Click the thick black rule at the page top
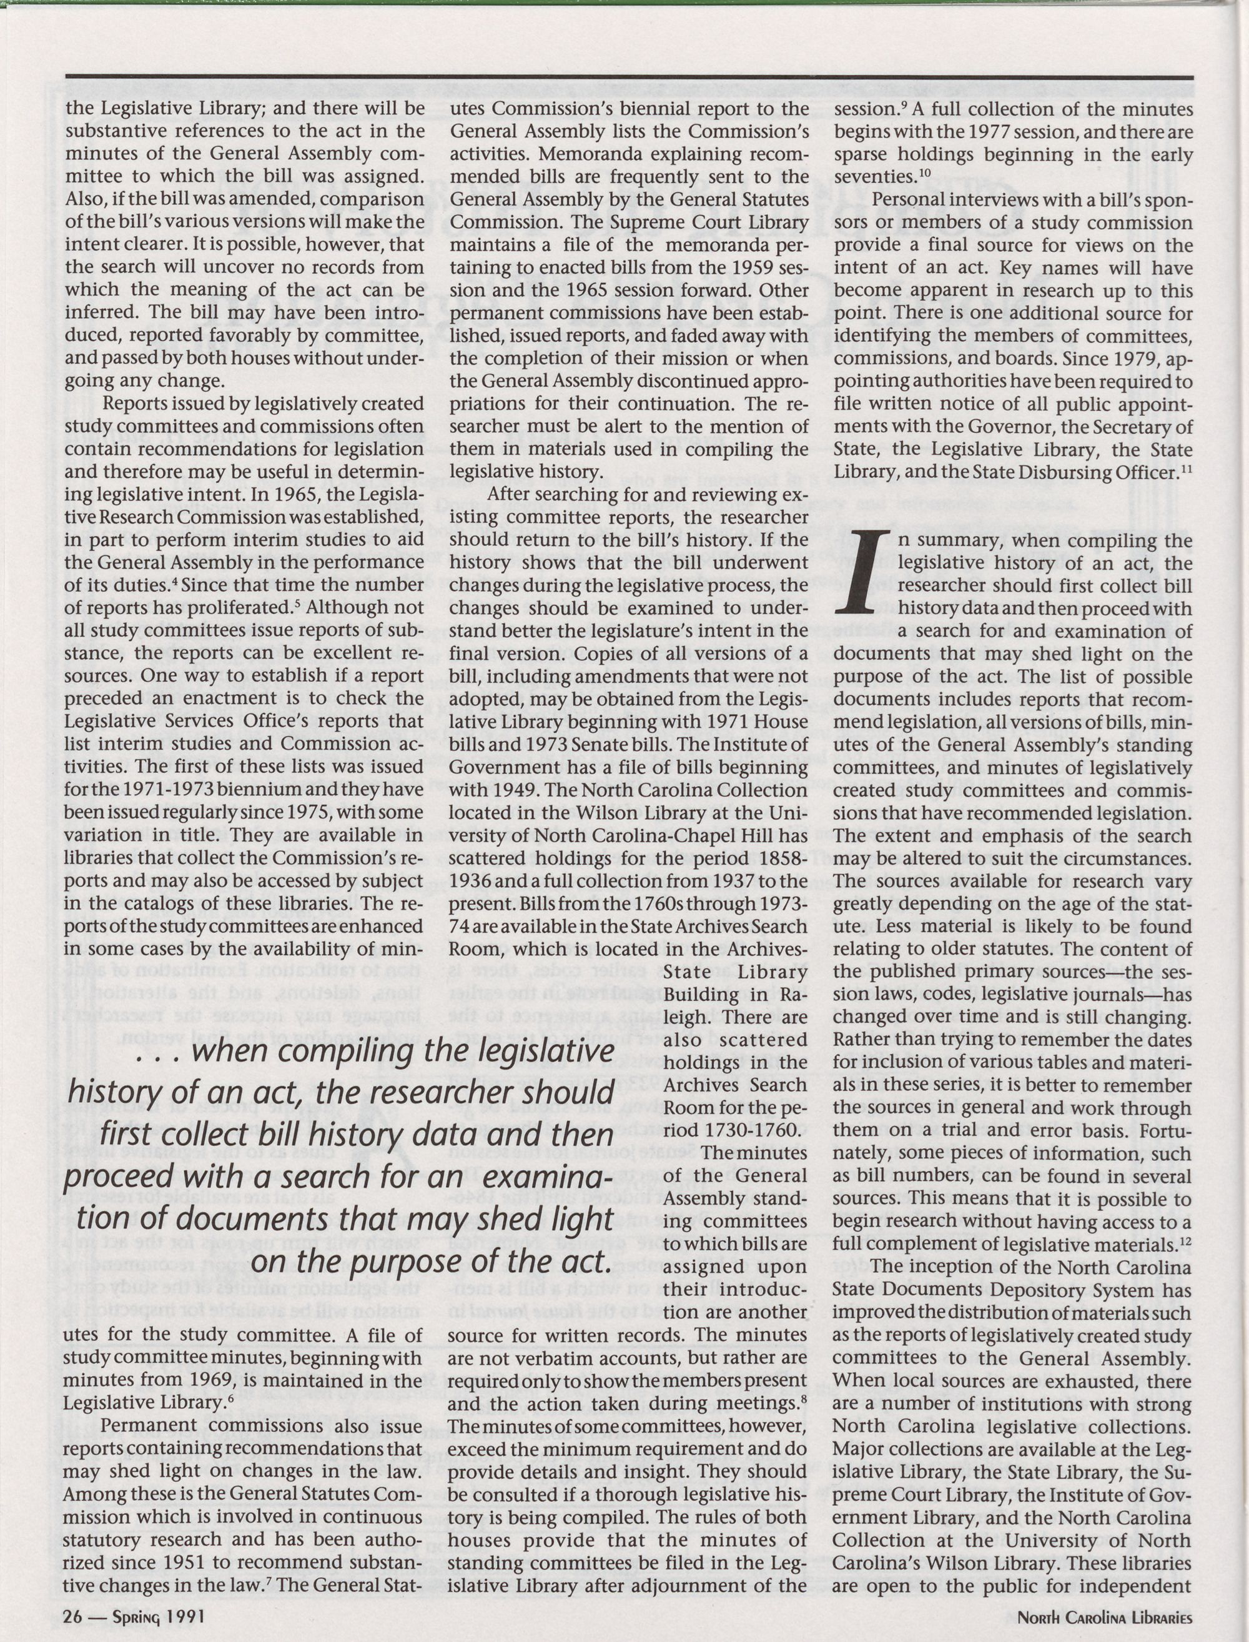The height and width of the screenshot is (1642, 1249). [x=628, y=77]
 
